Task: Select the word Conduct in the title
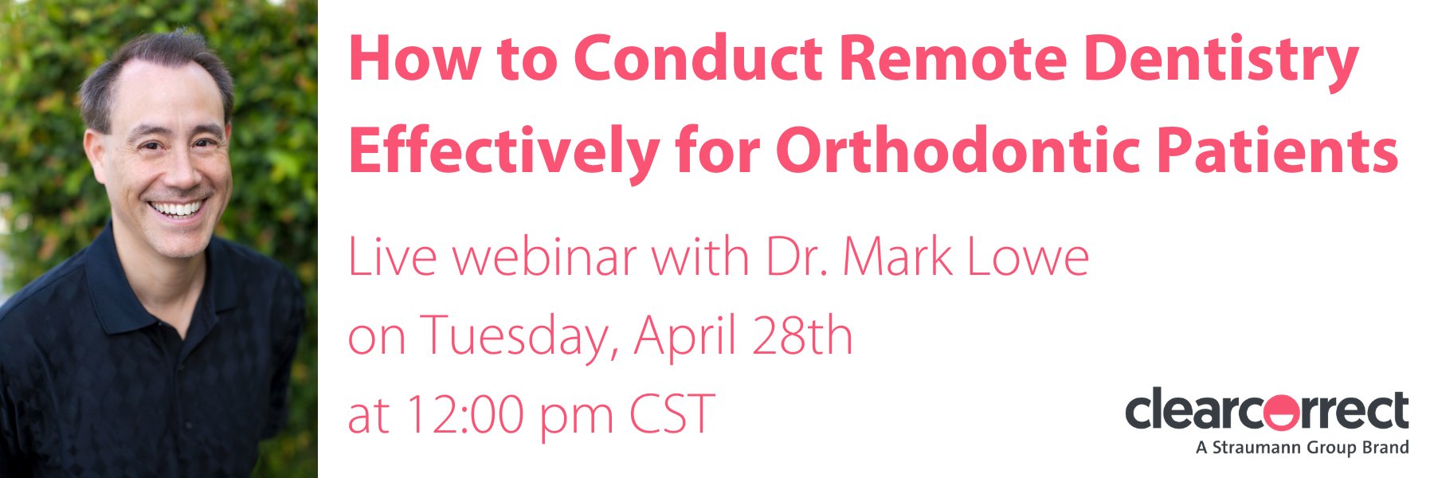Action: point(698,59)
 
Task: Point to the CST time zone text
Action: point(672,413)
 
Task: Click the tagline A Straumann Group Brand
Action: point(1302,448)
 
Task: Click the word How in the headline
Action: point(414,59)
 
